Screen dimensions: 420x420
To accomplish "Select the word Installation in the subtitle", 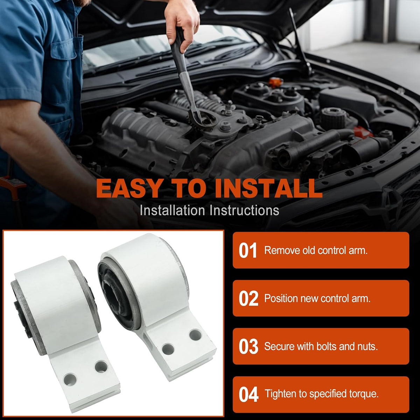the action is point(173,210).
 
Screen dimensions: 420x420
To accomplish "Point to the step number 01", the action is point(247,251).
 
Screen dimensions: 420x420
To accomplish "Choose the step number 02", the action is point(248,299).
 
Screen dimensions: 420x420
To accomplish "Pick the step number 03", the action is point(248,346).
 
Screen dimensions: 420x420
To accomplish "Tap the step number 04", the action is point(248,395).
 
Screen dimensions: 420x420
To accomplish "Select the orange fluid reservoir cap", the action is point(275,82).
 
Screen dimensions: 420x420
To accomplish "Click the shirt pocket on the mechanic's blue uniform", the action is point(63,58).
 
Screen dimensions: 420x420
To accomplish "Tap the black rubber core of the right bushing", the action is point(117,296).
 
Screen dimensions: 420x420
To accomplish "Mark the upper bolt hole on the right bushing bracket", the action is point(196,335).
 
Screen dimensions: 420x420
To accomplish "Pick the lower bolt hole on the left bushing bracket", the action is point(70,379).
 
